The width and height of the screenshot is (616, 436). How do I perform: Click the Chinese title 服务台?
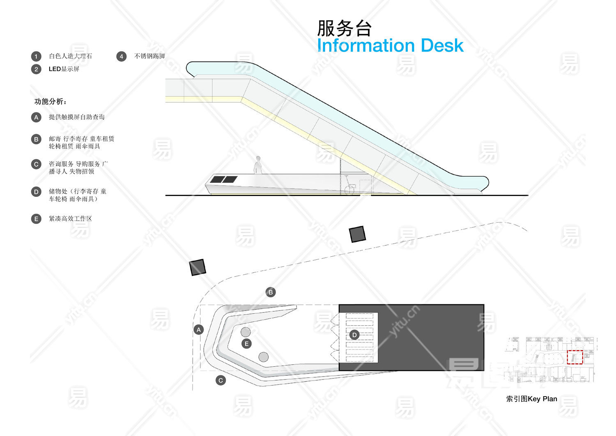(x=344, y=28)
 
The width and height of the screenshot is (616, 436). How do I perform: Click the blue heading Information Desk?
(x=390, y=45)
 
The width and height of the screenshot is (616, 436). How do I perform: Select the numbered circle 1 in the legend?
(x=36, y=57)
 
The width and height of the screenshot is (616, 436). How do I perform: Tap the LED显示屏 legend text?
(x=64, y=69)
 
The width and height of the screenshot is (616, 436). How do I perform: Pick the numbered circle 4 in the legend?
(x=121, y=57)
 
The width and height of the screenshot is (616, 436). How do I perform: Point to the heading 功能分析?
(x=51, y=101)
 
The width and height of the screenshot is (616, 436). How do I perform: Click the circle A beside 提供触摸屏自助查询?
(x=36, y=117)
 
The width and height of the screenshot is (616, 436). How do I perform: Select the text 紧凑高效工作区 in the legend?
(x=70, y=219)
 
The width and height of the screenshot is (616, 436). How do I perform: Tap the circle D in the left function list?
(x=36, y=192)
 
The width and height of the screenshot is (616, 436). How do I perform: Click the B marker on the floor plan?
(x=270, y=292)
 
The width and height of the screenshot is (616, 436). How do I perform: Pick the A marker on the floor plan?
(x=199, y=329)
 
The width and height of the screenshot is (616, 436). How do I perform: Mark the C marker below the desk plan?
(x=221, y=380)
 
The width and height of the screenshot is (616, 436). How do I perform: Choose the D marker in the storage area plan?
(x=354, y=335)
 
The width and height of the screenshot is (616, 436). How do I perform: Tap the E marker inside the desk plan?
(x=246, y=344)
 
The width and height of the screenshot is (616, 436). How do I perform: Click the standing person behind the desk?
(x=258, y=165)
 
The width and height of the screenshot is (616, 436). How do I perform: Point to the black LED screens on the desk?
(x=224, y=179)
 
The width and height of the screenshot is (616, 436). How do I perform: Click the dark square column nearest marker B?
(x=198, y=267)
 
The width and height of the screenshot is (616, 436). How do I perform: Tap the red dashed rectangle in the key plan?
(x=575, y=357)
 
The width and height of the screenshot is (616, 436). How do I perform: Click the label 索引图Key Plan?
(x=531, y=399)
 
